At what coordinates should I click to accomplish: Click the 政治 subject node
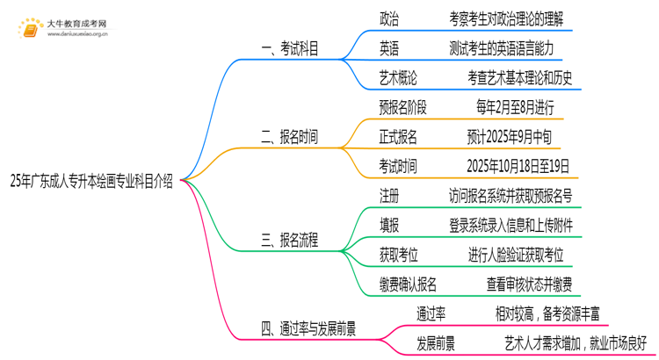(x=388, y=18)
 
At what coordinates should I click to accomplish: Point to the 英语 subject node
(x=388, y=47)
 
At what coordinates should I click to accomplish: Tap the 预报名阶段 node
(x=403, y=107)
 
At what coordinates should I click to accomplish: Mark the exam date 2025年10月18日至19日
(x=519, y=165)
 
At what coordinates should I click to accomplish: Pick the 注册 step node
(x=388, y=195)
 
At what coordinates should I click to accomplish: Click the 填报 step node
(x=388, y=225)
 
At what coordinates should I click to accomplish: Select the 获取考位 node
(x=400, y=254)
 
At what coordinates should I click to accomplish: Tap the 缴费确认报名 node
(x=409, y=284)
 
